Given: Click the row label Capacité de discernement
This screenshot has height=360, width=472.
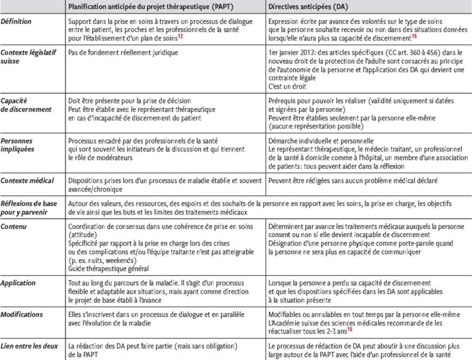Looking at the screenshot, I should [x=26, y=104].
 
